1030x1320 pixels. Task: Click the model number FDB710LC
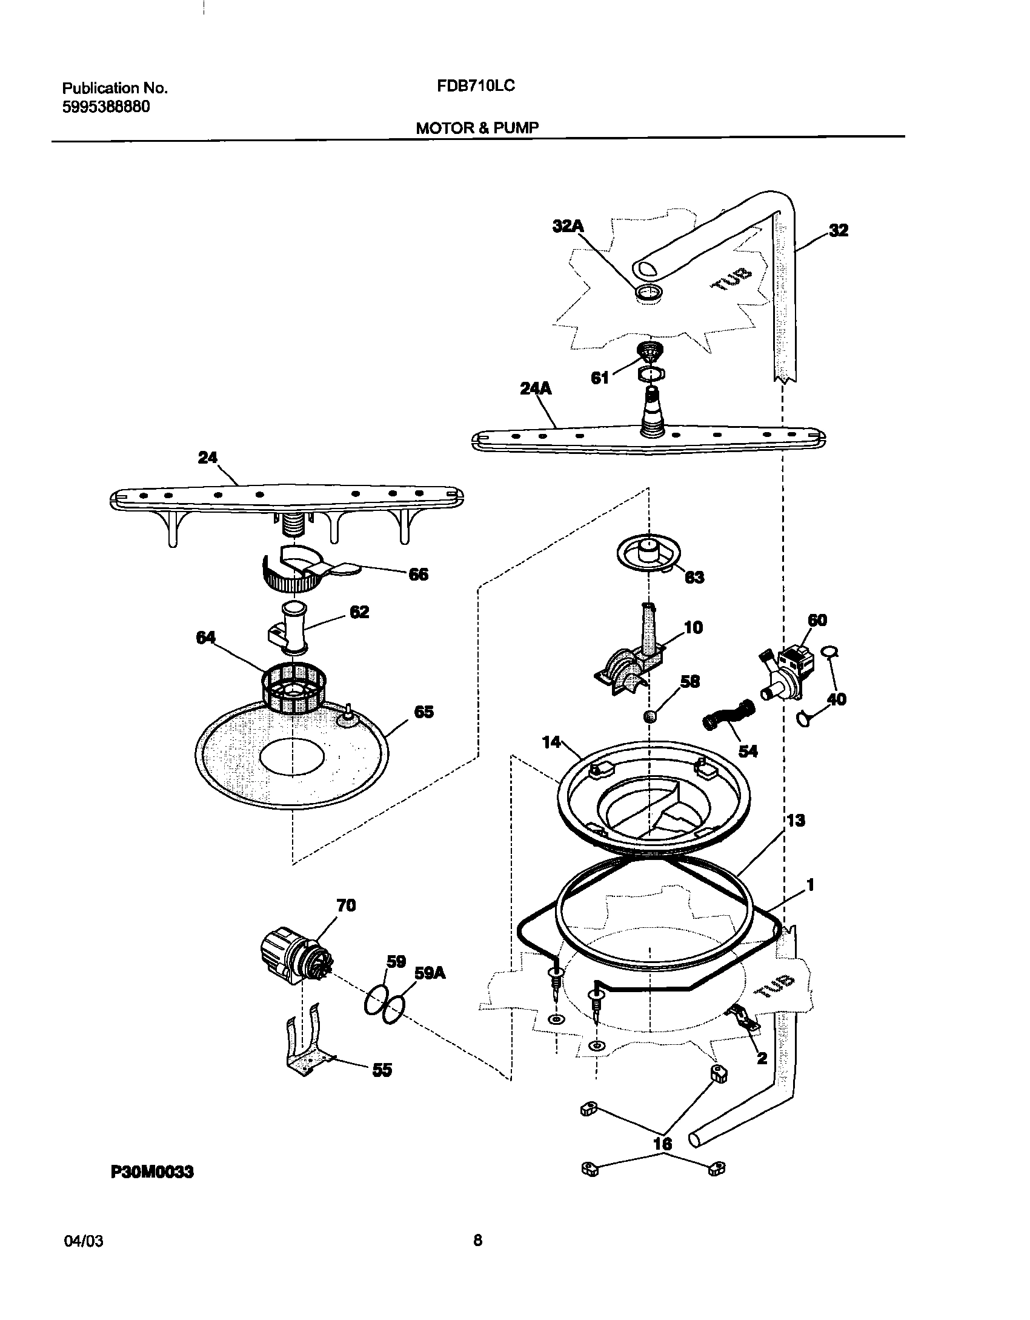tap(476, 87)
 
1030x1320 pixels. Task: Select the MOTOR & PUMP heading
tap(477, 128)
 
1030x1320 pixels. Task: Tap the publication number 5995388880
tap(106, 107)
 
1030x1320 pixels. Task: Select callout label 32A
tap(568, 226)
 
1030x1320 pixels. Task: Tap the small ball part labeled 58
tap(650, 717)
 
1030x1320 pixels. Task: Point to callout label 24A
tap(536, 388)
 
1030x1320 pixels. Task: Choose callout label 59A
tap(430, 973)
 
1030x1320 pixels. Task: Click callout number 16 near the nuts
tap(663, 1144)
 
